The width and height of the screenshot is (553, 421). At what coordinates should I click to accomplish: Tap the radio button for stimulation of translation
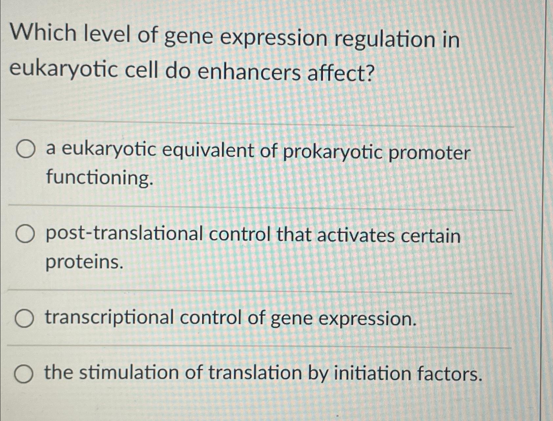tap(24, 375)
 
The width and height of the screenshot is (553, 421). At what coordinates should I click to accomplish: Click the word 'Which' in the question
tap(43, 34)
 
